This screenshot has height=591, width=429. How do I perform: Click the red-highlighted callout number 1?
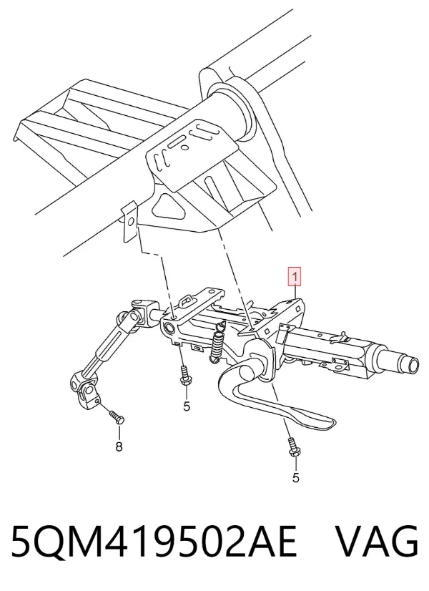(295, 277)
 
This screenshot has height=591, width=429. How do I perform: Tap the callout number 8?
(119, 447)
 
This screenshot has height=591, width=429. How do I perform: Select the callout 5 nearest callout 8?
(187, 406)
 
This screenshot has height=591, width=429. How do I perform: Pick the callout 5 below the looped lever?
(296, 477)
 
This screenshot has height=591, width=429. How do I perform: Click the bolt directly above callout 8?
(117, 417)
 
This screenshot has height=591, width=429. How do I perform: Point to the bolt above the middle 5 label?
(184, 376)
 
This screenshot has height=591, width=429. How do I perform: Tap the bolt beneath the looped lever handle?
(292, 448)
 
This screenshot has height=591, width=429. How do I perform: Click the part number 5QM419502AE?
(154, 541)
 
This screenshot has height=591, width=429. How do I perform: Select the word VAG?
(377, 541)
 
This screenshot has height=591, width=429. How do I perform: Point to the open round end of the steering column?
(413, 364)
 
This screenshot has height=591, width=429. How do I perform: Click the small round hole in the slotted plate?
(184, 147)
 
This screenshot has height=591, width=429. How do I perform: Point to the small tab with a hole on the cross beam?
(129, 221)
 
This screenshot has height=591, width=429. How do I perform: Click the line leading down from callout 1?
(296, 292)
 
